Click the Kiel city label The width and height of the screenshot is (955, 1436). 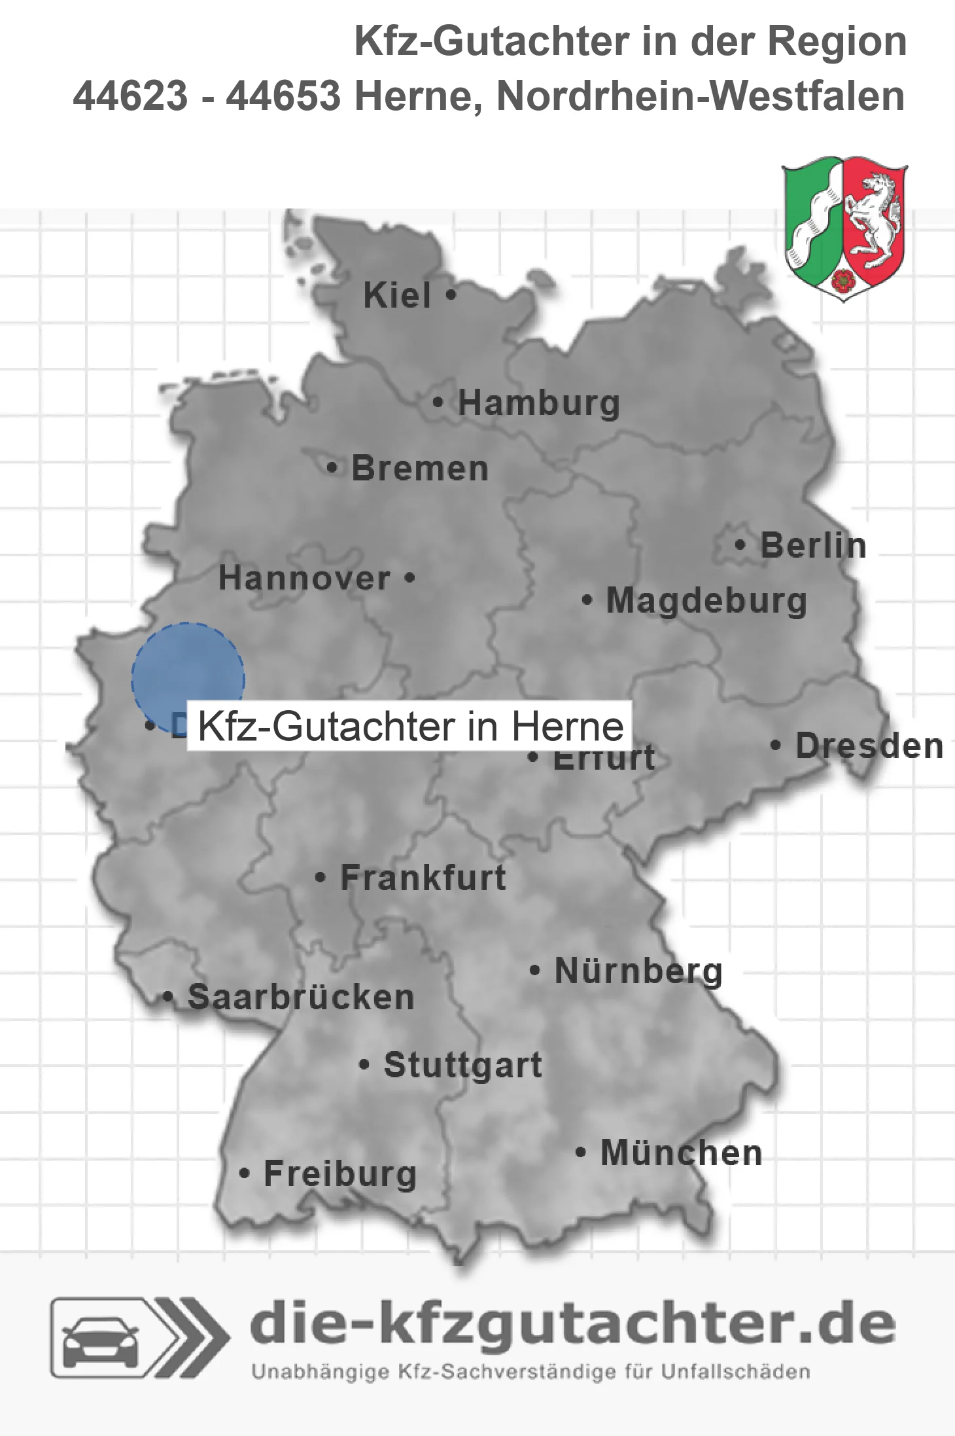(x=397, y=296)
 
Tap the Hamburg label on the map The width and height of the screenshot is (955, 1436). (x=538, y=403)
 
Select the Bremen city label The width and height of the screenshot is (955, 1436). (x=420, y=469)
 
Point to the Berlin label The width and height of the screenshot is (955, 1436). (x=813, y=546)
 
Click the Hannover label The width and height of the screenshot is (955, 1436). (x=304, y=579)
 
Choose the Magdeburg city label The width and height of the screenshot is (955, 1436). (x=706, y=601)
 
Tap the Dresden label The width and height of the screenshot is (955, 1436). (x=869, y=746)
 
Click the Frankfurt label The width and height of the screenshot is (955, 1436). (x=423, y=878)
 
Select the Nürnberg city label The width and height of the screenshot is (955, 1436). (x=638, y=971)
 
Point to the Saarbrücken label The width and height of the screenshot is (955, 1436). (x=301, y=998)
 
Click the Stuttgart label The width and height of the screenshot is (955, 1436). (x=462, y=1065)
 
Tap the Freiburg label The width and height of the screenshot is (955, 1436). (x=340, y=1174)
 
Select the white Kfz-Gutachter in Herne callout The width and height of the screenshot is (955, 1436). (x=410, y=726)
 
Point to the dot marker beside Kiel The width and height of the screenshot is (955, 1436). (x=451, y=295)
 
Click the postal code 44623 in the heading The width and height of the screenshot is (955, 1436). (x=130, y=96)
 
